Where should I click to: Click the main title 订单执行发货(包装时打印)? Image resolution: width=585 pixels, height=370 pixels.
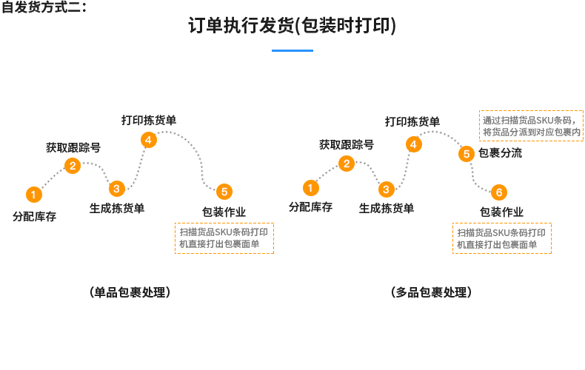(292, 27)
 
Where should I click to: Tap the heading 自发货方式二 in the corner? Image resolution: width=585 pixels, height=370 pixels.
(44, 8)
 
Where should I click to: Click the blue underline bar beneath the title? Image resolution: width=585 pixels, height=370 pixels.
(292, 50)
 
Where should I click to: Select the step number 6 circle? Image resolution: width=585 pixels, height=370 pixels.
(498, 192)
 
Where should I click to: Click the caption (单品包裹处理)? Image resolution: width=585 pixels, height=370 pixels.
(130, 292)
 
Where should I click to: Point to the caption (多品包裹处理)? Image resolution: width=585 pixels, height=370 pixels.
(430, 292)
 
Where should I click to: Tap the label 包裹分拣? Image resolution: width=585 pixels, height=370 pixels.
(500, 153)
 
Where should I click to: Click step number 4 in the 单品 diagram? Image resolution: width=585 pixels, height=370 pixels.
(148, 139)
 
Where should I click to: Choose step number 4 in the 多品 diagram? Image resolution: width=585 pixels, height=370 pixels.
(413, 144)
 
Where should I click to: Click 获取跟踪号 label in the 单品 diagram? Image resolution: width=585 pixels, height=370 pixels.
(73, 147)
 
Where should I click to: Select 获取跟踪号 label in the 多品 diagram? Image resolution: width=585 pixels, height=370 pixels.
(346, 144)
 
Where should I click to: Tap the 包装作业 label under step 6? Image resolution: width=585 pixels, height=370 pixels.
(501, 212)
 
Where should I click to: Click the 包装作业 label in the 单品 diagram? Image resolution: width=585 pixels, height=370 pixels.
(224, 212)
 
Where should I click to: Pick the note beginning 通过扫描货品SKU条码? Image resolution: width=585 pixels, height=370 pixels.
(531, 126)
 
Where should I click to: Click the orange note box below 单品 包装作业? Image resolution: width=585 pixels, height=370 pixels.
(224, 238)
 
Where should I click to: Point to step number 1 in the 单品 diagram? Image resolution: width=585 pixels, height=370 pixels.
(33, 195)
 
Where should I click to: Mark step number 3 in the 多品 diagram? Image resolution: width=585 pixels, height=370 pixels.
(386, 189)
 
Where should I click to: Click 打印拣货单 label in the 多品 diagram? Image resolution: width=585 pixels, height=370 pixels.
(412, 121)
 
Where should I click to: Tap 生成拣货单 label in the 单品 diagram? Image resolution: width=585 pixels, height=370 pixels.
(117, 209)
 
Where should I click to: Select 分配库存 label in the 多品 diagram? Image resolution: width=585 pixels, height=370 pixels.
(310, 207)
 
